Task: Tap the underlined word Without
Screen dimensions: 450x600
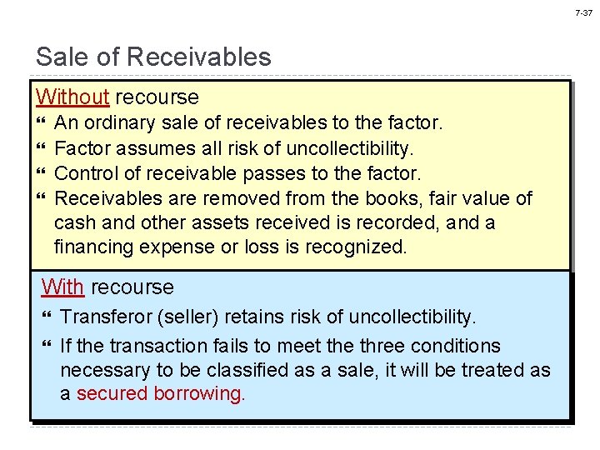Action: coord(72,97)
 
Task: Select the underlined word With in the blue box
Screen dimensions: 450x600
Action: coord(62,287)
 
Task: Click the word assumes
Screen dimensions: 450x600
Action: coord(147,148)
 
